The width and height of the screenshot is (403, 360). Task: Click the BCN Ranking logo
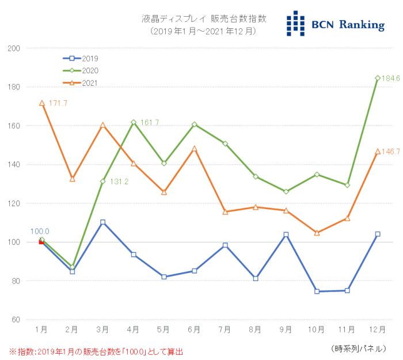[335, 24]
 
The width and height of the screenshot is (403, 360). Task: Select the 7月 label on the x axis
[225, 330]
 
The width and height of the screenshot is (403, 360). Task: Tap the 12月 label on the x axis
[377, 330]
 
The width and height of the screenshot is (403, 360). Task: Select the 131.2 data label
[120, 181]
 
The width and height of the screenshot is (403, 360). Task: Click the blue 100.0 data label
[40, 231]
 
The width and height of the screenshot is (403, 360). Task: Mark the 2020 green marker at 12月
[378, 78]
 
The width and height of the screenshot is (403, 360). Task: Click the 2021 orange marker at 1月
[41, 104]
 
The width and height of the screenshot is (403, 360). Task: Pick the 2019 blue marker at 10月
[317, 291]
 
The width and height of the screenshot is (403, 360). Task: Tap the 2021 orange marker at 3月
[102, 125]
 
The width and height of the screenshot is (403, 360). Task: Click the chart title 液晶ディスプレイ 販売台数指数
[204, 19]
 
